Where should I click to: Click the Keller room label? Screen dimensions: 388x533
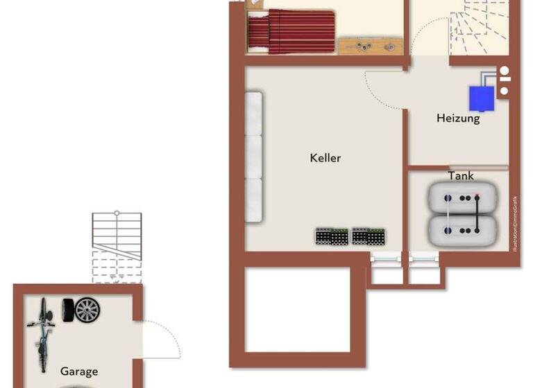pos(325,158)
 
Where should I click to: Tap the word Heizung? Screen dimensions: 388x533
pos(458,118)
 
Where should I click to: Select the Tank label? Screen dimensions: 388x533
pos(461,176)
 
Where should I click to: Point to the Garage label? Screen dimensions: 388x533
pos(79,371)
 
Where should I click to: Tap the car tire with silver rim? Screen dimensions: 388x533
pos(87,309)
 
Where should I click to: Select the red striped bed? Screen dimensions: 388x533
pos(291,31)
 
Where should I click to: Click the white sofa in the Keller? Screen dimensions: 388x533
pos(253,157)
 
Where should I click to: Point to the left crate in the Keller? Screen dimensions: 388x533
pos(331,236)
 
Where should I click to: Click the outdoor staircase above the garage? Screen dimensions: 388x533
pos(117,246)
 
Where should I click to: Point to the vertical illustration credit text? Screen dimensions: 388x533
pos(515,222)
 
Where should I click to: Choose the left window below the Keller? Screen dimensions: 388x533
pos(385,258)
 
